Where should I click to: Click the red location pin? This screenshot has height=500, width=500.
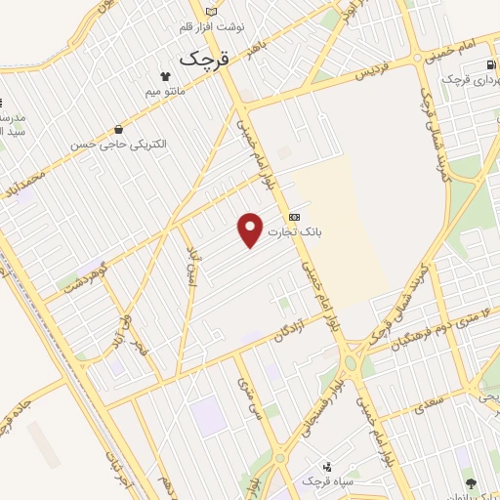coord(251,229)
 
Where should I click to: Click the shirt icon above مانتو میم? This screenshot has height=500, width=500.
coord(164,76)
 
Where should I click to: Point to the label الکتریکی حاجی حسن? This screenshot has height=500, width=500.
coord(118,144)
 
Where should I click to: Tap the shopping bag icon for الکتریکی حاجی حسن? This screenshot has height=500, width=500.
coord(118,129)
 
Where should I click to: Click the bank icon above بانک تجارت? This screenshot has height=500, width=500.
coord(294,217)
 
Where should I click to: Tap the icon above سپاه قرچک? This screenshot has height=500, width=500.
coord(326,467)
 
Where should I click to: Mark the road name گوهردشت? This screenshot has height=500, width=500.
coord(84,284)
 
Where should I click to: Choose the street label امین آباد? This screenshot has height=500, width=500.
coord(192,266)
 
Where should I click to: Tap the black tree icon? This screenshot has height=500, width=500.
coord(473,483)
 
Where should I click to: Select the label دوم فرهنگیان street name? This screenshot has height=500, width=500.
coord(430,327)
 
